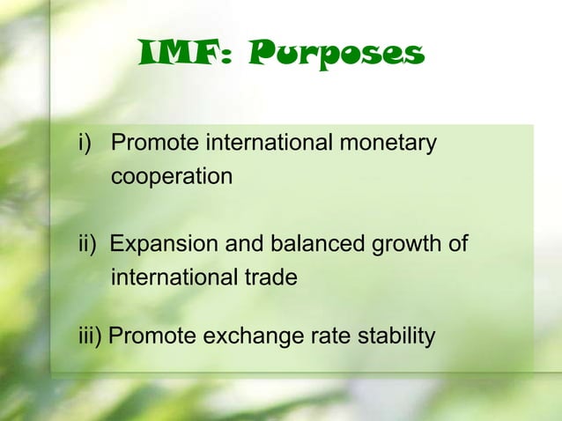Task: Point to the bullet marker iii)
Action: click(x=87, y=336)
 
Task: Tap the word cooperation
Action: click(x=172, y=176)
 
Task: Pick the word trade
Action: click(x=268, y=277)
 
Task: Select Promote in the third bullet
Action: click(x=146, y=336)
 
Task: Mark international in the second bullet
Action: click(x=170, y=277)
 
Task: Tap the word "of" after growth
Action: click(x=458, y=244)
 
